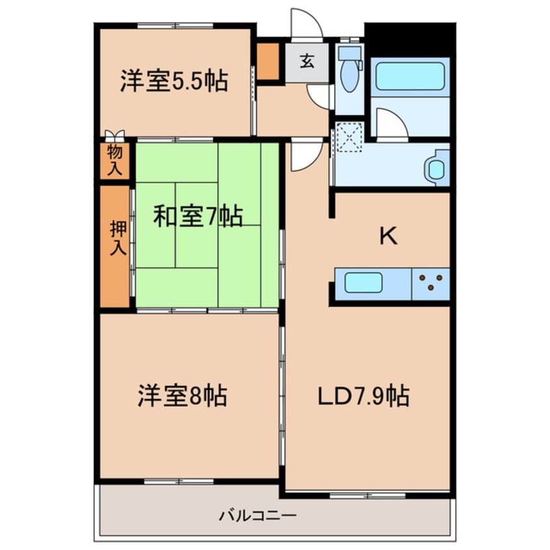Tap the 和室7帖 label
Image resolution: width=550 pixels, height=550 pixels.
198,216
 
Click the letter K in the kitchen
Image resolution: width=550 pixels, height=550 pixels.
388,237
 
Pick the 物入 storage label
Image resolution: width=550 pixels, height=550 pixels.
114,161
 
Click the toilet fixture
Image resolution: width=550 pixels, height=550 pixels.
350,72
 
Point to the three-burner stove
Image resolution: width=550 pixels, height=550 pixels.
431,283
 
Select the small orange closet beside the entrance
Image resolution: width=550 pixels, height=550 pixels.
267,62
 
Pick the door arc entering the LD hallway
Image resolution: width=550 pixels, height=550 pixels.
306,156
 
